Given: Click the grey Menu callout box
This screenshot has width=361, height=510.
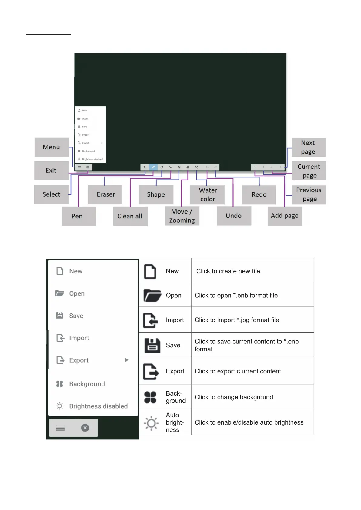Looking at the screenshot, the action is click(x=52, y=147).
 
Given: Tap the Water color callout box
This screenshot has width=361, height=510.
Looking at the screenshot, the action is click(x=207, y=195).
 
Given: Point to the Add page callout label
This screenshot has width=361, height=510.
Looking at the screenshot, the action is click(x=285, y=216).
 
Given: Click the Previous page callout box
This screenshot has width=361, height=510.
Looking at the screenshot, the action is click(x=309, y=195).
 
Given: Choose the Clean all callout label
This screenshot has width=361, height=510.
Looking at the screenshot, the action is click(x=130, y=216).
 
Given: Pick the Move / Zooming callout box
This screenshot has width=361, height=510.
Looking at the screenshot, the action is click(x=182, y=216).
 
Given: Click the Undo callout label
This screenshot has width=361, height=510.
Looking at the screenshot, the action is click(x=234, y=216).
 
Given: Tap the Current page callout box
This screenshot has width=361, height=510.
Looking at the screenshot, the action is click(x=309, y=171).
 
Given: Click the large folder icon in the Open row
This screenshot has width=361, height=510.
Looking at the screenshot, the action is click(x=152, y=295).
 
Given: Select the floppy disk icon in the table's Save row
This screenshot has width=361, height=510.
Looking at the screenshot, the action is click(x=152, y=346).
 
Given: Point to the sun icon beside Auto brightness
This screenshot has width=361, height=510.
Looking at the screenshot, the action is click(x=151, y=423).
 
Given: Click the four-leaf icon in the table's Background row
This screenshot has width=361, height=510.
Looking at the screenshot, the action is click(x=150, y=397).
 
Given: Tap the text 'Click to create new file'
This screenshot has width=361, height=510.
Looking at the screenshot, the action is click(x=228, y=271).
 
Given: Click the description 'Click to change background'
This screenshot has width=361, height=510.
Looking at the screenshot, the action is click(x=234, y=397).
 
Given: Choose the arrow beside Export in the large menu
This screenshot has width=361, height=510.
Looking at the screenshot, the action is click(x=126, y=360).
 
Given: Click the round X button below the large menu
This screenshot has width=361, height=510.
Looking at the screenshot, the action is click(x=85, y=428).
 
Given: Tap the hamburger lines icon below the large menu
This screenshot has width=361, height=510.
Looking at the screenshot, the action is click(x=60, y=428).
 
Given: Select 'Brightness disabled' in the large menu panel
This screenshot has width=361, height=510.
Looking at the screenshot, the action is click(x=98, y=406).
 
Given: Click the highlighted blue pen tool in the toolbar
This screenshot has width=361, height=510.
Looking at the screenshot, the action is click(x=153, y=167).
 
